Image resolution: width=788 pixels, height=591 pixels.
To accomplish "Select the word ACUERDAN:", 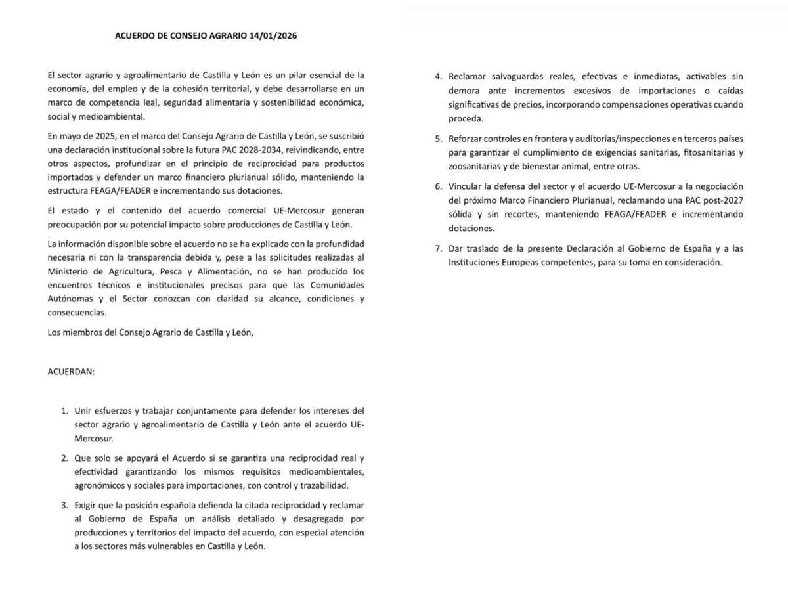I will click(x=71, y=371).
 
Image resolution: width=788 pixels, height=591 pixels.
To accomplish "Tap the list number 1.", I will click(x=64, y=411).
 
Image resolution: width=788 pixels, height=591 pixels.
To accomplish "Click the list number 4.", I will click(x=438, y=76).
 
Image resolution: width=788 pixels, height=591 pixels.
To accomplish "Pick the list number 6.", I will click(x=438, y=186).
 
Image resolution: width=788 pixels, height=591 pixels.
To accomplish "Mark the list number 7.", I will click(x=438, y=248).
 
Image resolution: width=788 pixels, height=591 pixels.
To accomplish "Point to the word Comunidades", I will click(x=335, y=285).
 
